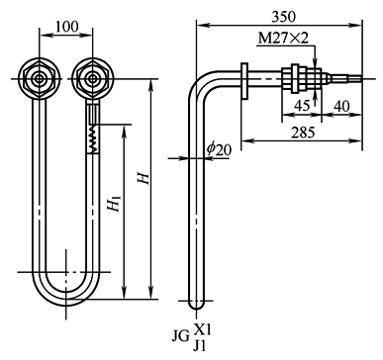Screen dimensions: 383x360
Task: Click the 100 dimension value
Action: click(66, 26)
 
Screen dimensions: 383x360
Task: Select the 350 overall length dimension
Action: click(284, 17)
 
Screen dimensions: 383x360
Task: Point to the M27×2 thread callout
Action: click(283, 39)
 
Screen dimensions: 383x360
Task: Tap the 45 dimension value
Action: click(302, 106)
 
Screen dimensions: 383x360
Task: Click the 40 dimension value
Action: click(341, 106)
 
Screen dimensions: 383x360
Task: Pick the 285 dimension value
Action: click(303, 133)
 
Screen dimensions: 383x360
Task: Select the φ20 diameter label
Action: click(220, 149)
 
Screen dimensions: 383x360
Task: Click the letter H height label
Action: click(144, 178)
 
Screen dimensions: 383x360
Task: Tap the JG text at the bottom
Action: click(181, 336)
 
